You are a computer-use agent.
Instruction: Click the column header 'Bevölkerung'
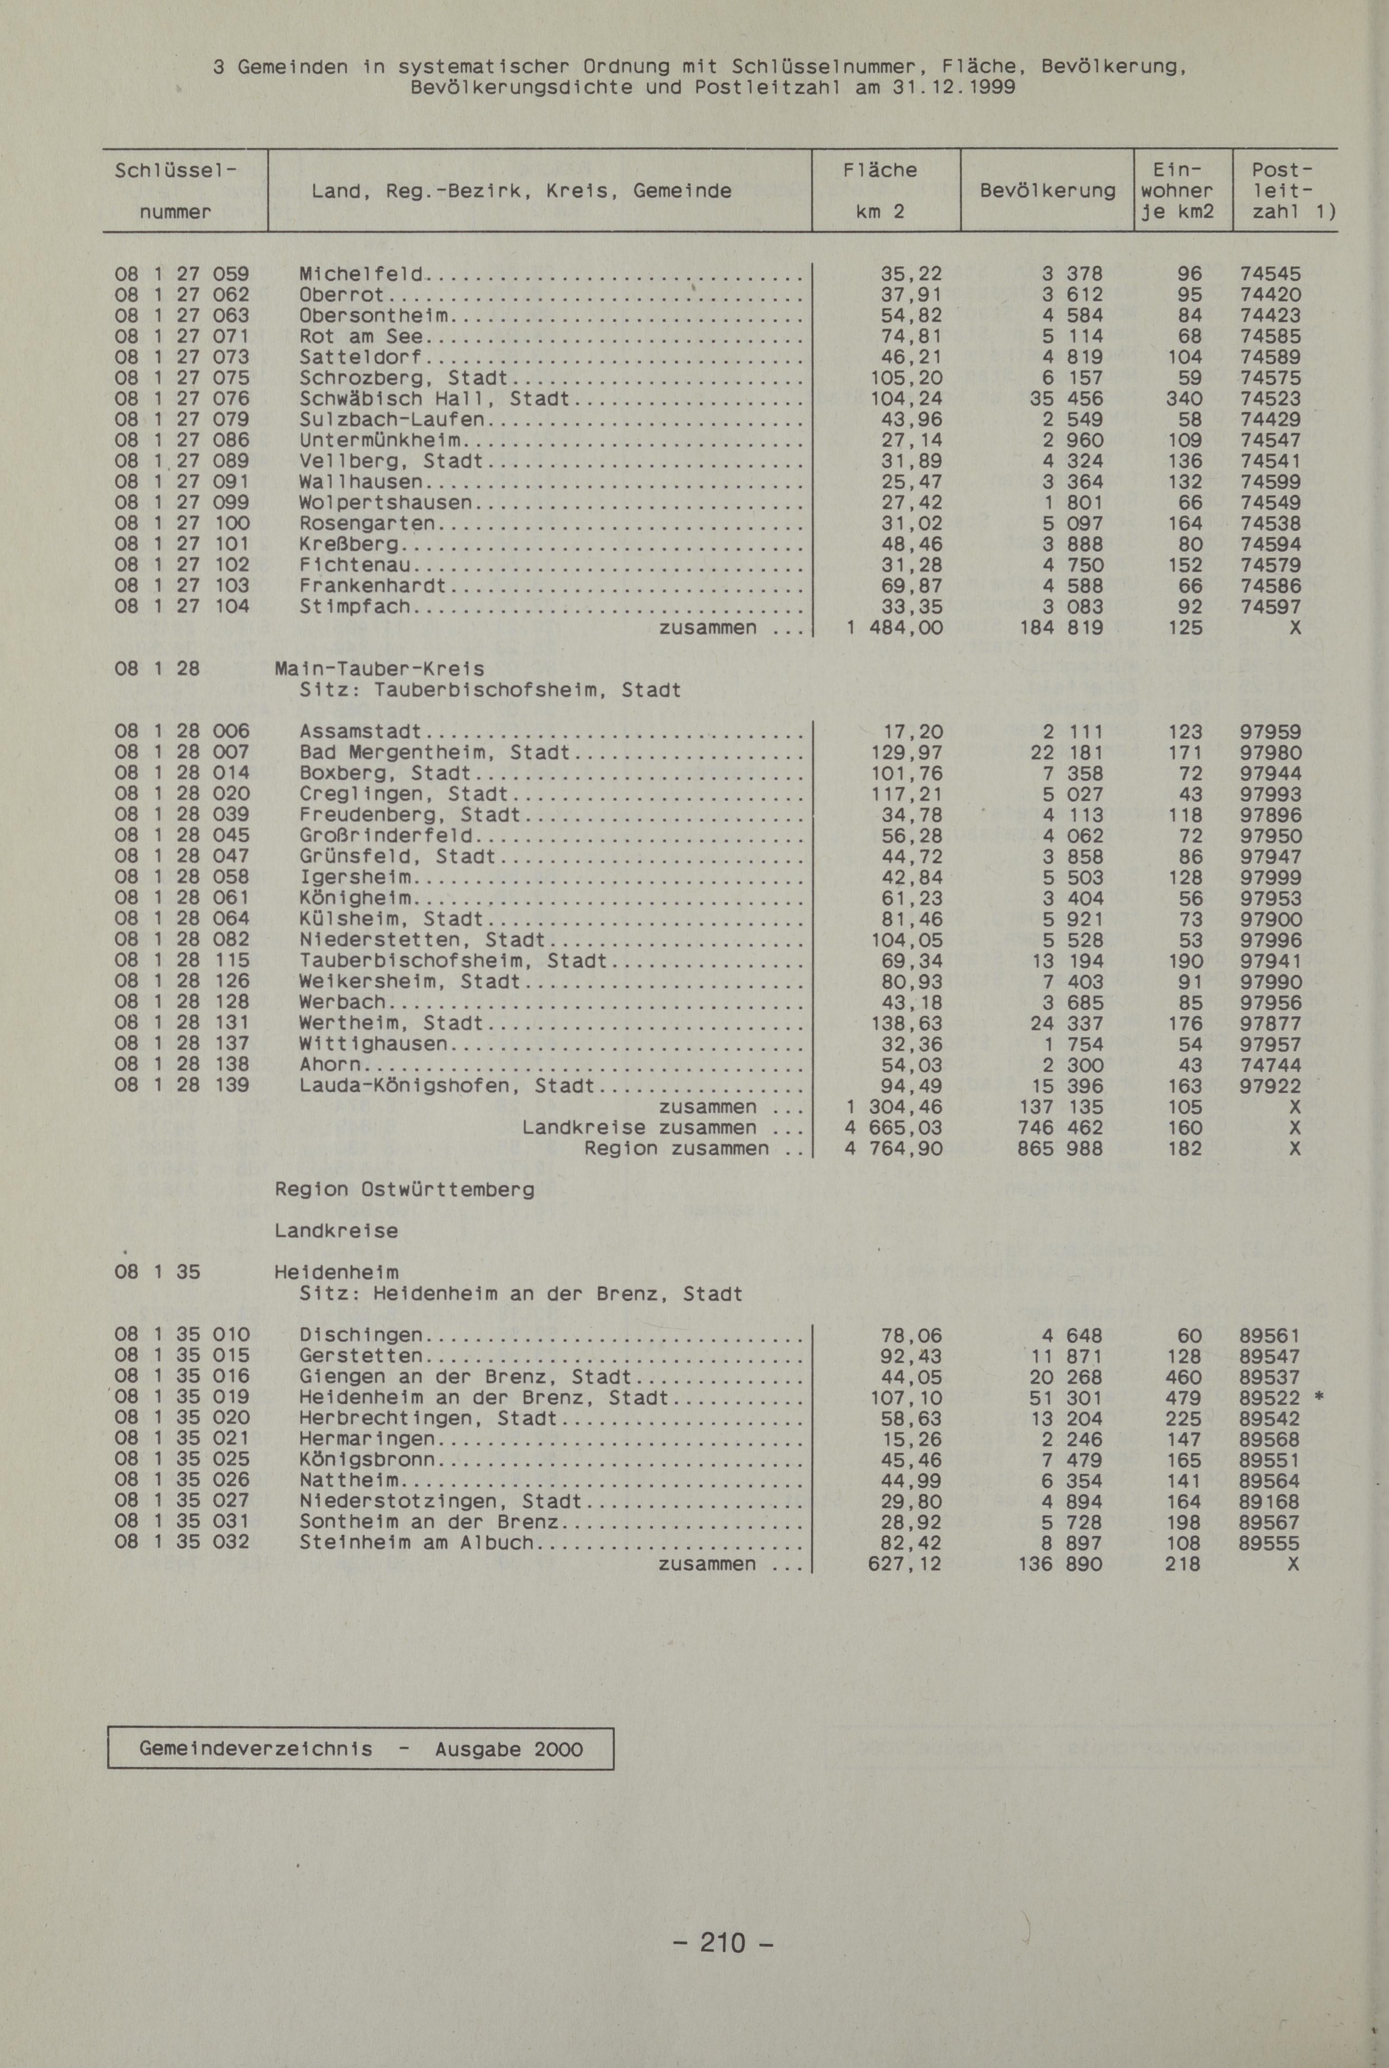[x=1047, y=191]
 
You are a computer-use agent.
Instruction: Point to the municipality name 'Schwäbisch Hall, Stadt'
[x=434, y=399]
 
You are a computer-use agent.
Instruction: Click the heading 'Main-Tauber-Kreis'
[x=380, y=669]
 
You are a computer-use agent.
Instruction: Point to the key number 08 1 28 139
[x=182, y=1086]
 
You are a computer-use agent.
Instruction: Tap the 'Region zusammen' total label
[x=677, y=1149]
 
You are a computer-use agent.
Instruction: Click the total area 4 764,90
[x=893, y=1149]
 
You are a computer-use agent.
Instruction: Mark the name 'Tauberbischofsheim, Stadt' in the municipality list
[x=452, y=961]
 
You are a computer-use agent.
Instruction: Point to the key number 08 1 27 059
[x=182, y=274]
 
